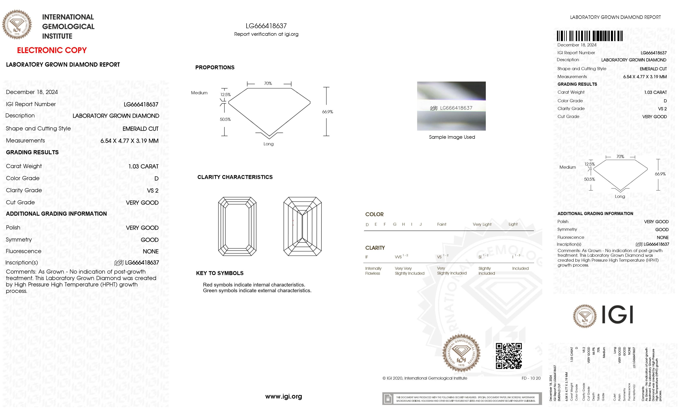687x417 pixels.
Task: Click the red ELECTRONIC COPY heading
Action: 52,50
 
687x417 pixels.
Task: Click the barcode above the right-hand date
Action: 589,36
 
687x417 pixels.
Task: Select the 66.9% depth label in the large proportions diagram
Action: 327,112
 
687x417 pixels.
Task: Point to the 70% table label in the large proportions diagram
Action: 268,83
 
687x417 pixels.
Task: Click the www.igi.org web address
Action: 284,396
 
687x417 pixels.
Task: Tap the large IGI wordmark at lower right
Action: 617,315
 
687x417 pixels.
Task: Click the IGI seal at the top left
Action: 17,25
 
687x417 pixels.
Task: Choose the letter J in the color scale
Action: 420,224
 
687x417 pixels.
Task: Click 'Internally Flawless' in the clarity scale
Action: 373,271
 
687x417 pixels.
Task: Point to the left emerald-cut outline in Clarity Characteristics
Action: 237,226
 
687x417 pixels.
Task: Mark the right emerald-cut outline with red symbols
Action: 303,226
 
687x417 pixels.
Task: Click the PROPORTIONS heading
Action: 215,67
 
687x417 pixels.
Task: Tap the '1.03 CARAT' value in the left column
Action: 143,166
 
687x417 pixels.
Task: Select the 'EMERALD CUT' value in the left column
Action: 140,129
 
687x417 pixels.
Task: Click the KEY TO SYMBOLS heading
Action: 220,273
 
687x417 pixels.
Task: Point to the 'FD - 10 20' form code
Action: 531,378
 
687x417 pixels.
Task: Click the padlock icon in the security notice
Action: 387,399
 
